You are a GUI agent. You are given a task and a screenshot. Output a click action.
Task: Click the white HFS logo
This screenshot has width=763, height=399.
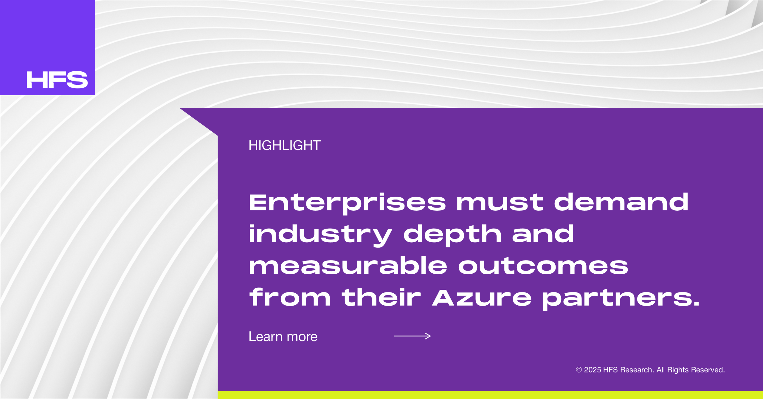click(x=57, y=80)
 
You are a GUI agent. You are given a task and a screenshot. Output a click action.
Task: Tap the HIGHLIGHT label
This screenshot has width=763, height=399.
click(x=285, y=145)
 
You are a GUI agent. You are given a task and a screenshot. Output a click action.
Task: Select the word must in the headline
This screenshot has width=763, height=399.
click(x=500, y=203)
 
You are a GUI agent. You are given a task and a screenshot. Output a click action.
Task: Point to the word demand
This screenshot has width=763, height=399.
click(x=621, y=202)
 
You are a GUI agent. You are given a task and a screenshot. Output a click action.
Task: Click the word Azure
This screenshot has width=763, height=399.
click(x=482, y=298)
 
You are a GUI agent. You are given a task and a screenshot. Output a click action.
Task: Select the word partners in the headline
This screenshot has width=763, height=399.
click(x=617, y=299)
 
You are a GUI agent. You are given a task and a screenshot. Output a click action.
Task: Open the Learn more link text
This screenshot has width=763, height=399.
click(x=283, y=337)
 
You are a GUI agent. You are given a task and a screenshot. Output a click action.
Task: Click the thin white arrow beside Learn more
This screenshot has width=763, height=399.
click(x=412, y=336)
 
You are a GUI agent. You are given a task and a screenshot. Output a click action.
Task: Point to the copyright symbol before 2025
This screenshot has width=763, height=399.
click(x=579, y=370)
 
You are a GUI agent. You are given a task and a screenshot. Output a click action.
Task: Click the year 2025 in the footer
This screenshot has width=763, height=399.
click(x=592, y=370)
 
